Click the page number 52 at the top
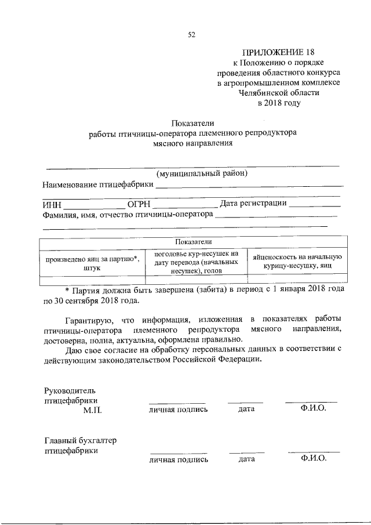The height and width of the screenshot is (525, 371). point(191,34)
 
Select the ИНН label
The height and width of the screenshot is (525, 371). point(52,204)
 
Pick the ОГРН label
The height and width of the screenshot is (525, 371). point(139,204)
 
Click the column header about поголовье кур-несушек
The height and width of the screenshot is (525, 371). point(192,262)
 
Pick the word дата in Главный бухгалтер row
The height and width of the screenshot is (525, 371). point(246,459)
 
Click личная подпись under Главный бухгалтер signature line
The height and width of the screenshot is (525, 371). point(178,459)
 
